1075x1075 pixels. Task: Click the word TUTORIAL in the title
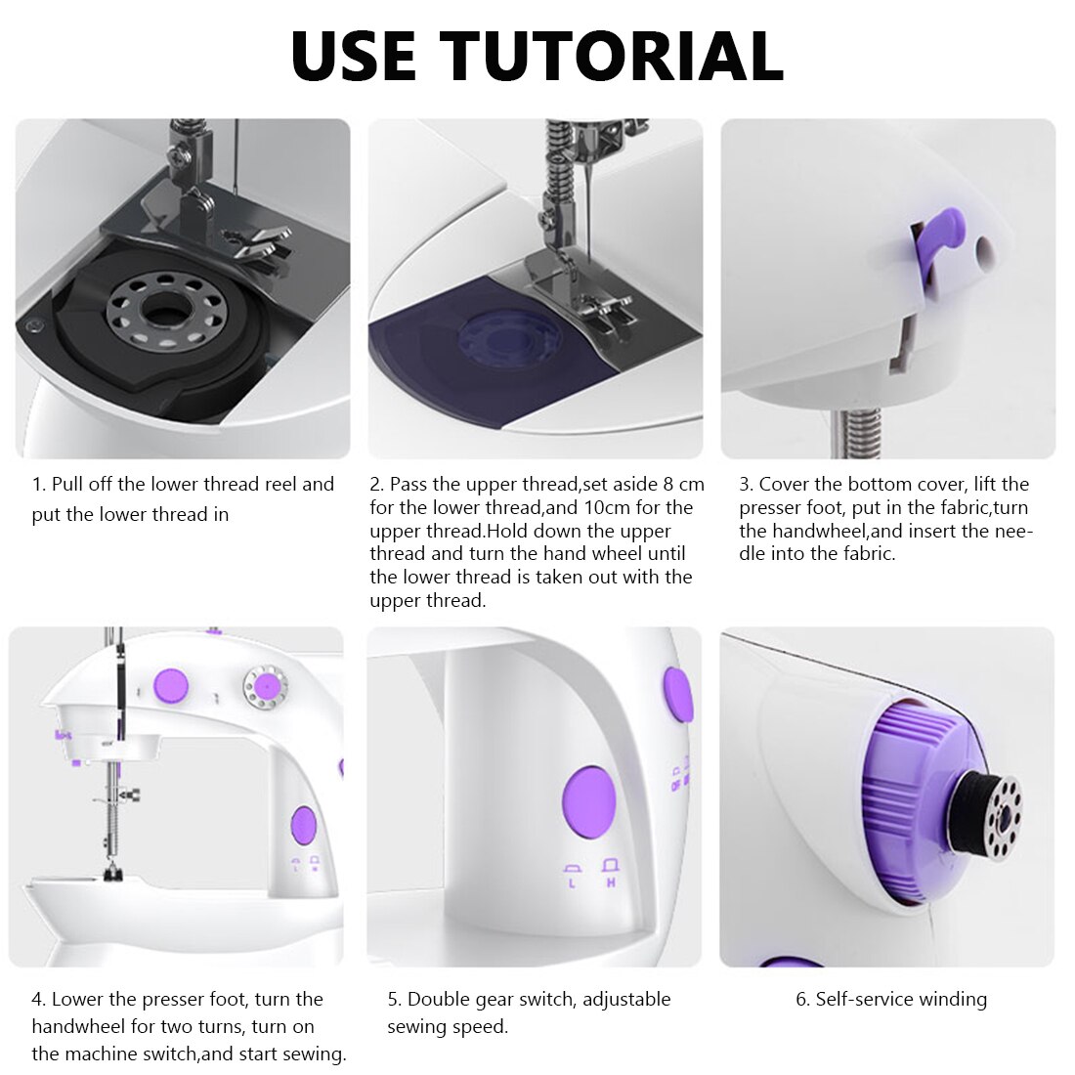pyautogui.click(x=611, y=56)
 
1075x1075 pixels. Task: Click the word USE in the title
pyautogui.click(x=354, y=56)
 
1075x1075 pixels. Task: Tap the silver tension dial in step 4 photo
pyautogui.click(x=265, y=687)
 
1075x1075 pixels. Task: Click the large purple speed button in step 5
pyautogui.click(x=588, y=802)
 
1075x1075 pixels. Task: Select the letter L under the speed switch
pyautogui.click(x=572, y=883)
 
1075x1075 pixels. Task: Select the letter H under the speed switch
pyautogui.click(x=612, y=883)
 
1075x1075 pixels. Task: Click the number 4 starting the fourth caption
pyautogui.click(x=37, y=999)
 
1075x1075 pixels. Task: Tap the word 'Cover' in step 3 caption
pyautogui.click(x=787, y=485)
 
